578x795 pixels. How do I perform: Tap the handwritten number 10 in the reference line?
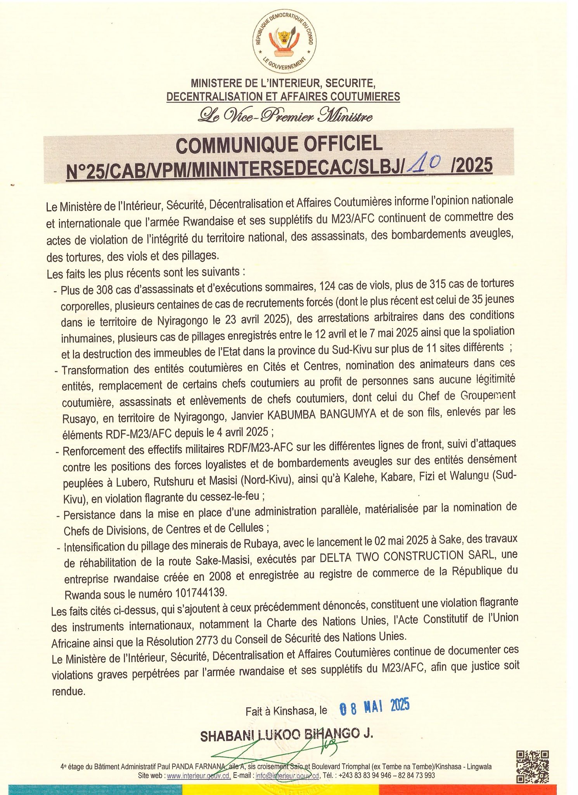coord(425,164)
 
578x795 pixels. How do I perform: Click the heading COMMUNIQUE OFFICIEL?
coord(279,145)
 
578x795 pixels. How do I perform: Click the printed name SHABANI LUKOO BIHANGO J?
coord(286,734)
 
